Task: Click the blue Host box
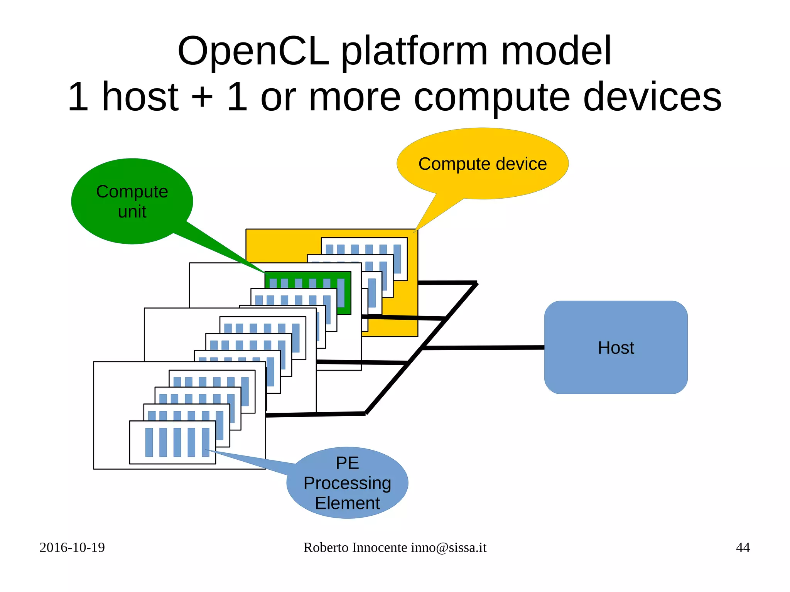click(x=616, y=347)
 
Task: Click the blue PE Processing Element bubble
click(x=347, y=482)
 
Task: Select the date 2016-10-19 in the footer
click(x=72, y=547)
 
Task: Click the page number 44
click(x=743, y=547)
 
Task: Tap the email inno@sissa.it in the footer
click(x=449, y=547)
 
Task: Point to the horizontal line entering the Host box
click(x=482, y=347)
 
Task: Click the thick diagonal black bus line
click(x=422, y=347)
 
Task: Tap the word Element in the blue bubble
click(x=347, y=503)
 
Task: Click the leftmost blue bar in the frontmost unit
click(x=149, y=442)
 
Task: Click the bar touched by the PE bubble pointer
click(x=205, y=442)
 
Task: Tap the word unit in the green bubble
click(x=132, y=211)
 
